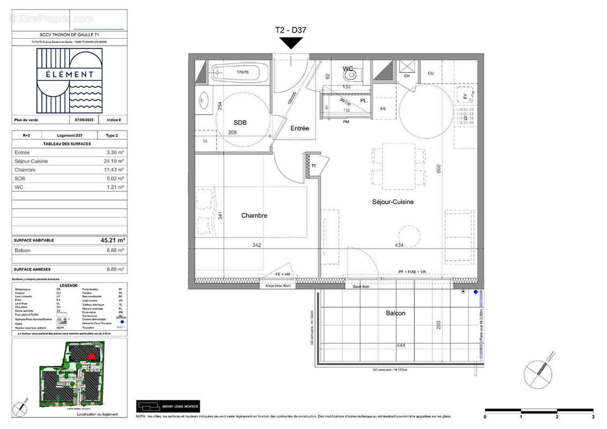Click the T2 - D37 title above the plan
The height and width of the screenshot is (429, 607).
click(291, 31)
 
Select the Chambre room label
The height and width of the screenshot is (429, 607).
click(254, 216)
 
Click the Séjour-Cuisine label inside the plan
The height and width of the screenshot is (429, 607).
click(393, 202)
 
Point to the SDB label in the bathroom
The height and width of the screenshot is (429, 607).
click(240, 123)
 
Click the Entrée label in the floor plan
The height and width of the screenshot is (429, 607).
click(300, 128)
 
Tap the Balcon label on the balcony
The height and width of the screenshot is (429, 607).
click(395, 313)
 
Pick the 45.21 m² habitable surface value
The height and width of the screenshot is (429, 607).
click(113, 240)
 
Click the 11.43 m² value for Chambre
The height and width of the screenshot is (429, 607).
click(115, 170)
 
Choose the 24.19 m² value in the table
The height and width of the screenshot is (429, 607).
click(115, 161)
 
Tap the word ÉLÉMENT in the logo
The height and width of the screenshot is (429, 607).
click(70, 75)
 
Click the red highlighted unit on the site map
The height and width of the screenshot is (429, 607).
click(91, 356)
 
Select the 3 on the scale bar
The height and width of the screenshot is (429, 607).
click(593, 417)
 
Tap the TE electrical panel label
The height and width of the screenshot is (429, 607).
click(314, 166)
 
